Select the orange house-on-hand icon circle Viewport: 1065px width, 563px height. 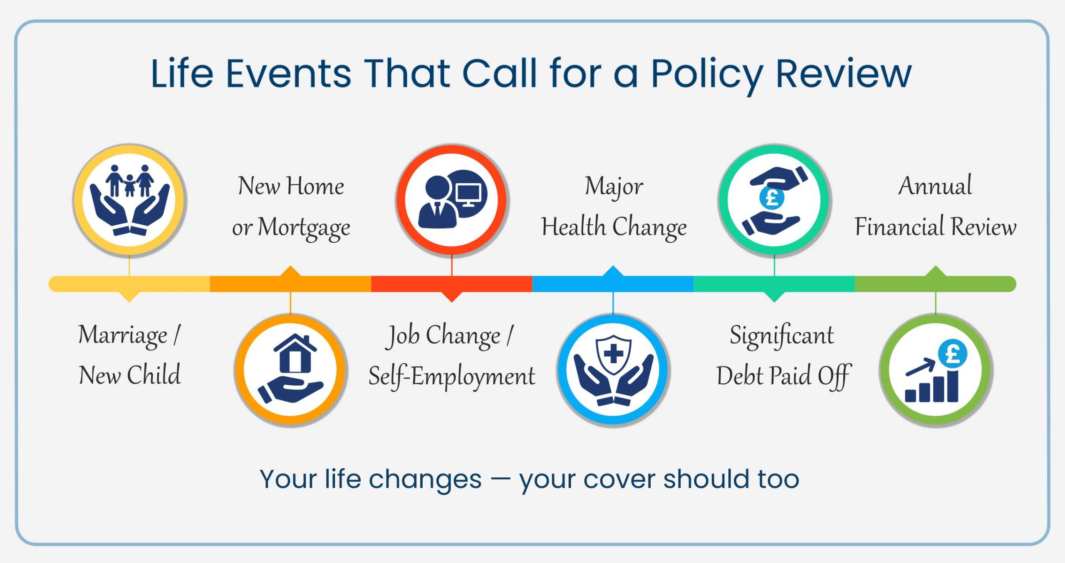click(x=290, y=370)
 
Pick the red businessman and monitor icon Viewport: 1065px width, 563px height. click(x=452, y=200)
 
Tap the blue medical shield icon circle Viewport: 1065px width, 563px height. click(x=613, y=370)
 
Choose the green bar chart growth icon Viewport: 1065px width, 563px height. click(x=936, y=370)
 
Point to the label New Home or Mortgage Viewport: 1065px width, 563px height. click(x=291, y=206)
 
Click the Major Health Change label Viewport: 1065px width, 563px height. click(x=614, y=206)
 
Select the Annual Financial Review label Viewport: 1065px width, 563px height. click(x=935, y=206)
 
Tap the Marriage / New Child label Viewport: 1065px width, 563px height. click(x=129, y=355)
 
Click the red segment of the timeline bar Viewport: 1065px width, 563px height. click(x=451, y=284)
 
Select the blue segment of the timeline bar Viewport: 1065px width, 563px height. click(x=613, y=284)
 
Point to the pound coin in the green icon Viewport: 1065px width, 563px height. click(x=952, y=354)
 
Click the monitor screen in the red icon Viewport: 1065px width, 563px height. click(x=468, y=193)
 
